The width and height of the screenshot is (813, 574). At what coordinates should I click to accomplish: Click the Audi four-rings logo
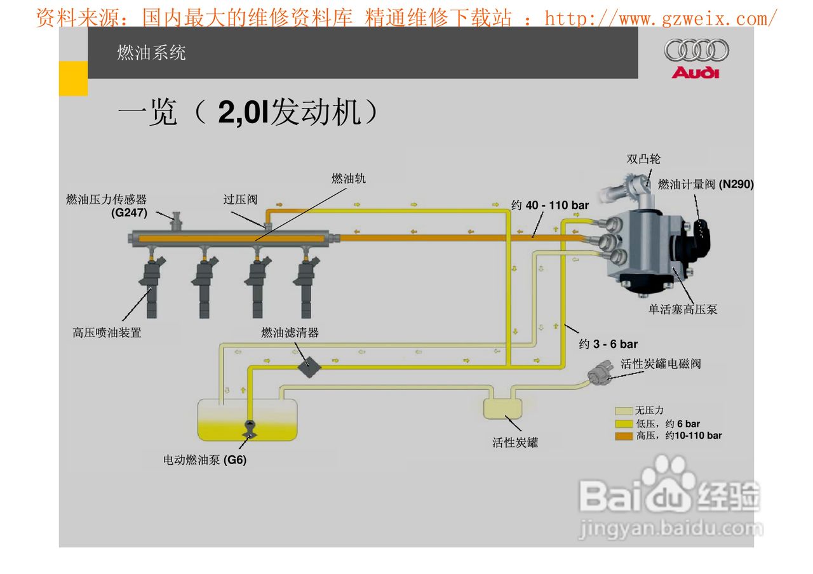click(x=696, y=50)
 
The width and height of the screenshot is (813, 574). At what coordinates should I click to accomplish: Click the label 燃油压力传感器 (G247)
click(x=107, y=206)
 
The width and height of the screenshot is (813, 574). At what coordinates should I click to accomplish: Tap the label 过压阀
click(x=240, y=199)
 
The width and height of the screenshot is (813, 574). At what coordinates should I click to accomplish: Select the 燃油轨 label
click(x=349, y=179)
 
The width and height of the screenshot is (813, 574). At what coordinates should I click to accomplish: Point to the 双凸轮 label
click(x=643, y=159)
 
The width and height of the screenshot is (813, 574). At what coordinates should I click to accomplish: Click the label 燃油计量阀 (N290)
click(x=705, y=185)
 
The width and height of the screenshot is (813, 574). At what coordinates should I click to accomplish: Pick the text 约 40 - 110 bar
click(x=550, y=206)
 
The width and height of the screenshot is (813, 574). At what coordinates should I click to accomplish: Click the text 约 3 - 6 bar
click(x=608, y=344)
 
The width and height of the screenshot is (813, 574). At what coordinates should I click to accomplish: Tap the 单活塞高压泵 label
click(x=683, y=310)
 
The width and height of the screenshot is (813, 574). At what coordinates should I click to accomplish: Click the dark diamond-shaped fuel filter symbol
click(x=310, y=367)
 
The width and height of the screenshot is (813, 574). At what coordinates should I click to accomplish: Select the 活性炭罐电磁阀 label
click(x=661, y=364)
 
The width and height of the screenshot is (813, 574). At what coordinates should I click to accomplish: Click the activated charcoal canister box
click(x=502, y=408)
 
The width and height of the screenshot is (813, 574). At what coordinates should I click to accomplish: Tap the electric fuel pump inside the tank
click(x=249, y=429)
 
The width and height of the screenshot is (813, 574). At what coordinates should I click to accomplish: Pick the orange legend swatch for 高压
click(x=624, y=436)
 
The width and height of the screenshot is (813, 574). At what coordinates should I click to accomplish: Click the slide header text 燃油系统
click(x=151, y=53)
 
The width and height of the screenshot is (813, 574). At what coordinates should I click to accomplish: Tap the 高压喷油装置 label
click(x=107, y=332)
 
